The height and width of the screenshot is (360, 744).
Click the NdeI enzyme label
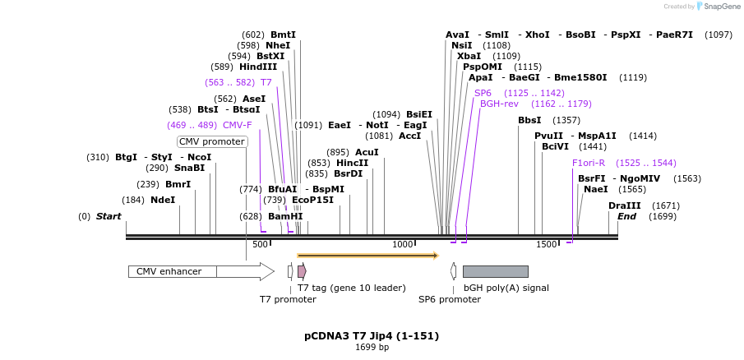[x=162, y=200]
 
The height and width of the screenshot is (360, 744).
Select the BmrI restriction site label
[x=178, y=184]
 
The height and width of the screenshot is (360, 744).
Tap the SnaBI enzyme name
[x=189, y=168]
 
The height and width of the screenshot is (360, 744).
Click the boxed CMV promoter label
[x=212, y=141]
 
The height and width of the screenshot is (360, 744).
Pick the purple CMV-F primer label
[x=237, y=125]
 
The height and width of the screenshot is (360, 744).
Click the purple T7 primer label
[x=266, y=82]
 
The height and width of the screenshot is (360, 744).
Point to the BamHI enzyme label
[x=285, y=216]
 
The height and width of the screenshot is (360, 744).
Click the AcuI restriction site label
[x=367, y=152]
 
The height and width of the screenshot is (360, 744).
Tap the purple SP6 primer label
[x=483, y=93]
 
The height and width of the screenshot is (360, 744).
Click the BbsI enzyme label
[x=529, y=120]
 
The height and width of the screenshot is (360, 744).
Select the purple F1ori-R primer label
[x=589, y=163]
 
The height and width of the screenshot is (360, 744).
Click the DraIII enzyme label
[x=624, y=205]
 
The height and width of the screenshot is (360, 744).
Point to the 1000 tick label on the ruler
[x=402, y=244]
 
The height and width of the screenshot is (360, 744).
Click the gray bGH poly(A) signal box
[x=495, y=271]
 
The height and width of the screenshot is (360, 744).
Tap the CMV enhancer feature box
[x=173, y=271]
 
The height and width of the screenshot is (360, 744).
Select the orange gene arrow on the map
[x=367, y=256]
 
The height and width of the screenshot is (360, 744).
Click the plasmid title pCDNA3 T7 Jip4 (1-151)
[x=372, y=335]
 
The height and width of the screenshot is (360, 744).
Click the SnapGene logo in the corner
[x=709, y=7]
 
